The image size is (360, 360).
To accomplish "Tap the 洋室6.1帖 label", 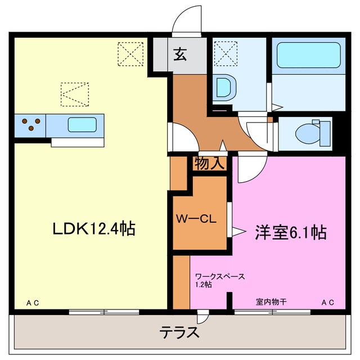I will (x=291, y=232).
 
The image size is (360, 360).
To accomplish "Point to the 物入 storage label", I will (x=210, y=164).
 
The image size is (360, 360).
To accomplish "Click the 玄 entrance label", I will (x=179, y=55).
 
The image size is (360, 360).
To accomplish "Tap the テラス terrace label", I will (x=178, y=332).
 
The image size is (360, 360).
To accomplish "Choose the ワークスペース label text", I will (x=220, y=277).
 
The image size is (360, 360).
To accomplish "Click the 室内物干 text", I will (x=271, y=302).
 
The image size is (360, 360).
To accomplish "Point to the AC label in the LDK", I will (x=32, y=303).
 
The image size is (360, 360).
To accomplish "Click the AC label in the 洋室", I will (x=327, y=303).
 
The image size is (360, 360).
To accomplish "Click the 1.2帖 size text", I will (x=203, y=285).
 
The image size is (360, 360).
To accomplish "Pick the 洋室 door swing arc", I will (x=249, y=172).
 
